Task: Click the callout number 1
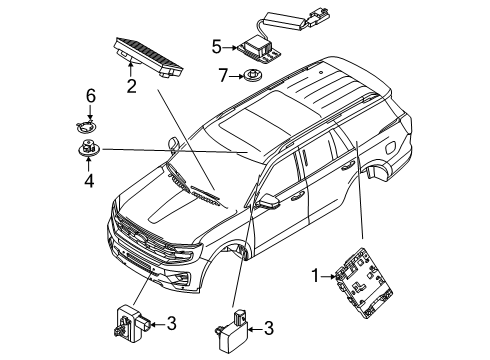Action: [315, 276]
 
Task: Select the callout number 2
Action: [131, 86]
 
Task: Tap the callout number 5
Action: [217, 47]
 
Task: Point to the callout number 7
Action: [223, 75]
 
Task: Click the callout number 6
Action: [91, 96]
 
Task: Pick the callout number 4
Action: [89, 180]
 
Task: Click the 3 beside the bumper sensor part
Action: [171, 323]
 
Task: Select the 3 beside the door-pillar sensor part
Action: [269, 328]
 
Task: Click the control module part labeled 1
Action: [364, 283]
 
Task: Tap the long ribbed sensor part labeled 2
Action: [149, 57]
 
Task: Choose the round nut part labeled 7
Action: [252, 75]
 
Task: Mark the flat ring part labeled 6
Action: [86, 127]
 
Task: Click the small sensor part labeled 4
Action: [88, 147]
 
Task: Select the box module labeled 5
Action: [258, 51]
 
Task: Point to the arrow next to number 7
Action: [237, 76]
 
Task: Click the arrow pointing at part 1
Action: [328, 276]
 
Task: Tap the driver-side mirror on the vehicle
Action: [268, 201]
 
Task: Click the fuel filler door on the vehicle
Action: [391, 148]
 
